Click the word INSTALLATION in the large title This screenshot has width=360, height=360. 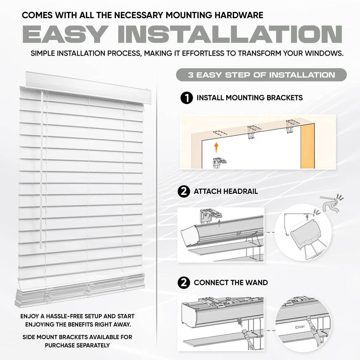tap(230, 35)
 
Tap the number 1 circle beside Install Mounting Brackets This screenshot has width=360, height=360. tap(187, 98)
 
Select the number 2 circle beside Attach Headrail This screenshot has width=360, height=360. tap(184, 191)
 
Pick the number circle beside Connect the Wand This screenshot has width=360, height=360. tap(184, 283)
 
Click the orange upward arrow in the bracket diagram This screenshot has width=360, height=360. tap(216, 146)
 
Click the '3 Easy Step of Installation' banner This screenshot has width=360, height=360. tap(261, 75)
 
